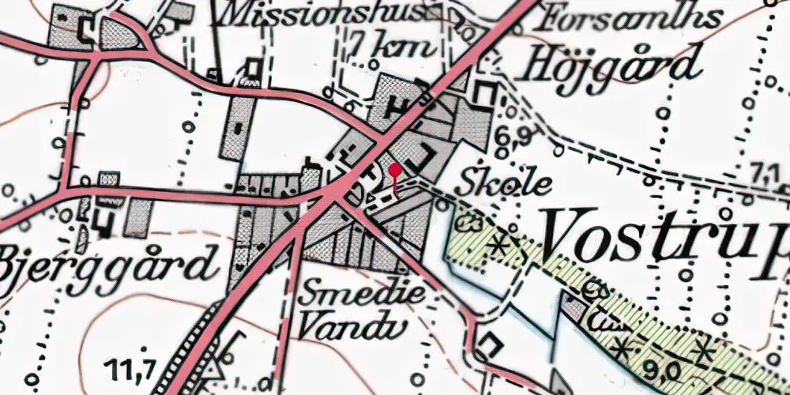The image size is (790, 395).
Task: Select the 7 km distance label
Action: tap(392, 45)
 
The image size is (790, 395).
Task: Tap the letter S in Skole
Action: tap(468, 182)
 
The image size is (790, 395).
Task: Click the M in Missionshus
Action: tap(238, 13)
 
